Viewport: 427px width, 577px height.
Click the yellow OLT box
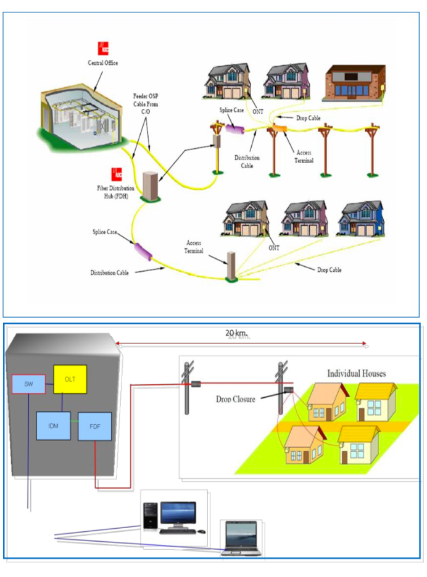pyautogui.click(x=70, y=379)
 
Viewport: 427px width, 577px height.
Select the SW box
pyautogui.click(x=28, y=384)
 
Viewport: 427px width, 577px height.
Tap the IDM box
pyautogui.click(x=53, y=426)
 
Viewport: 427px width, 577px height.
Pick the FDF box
pyautogui.click(x=94, y=426)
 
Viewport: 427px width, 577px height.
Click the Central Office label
pyautogui.click(x=102, y=63)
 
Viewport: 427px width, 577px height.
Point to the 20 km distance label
pyautogui.click(x=237, y=334)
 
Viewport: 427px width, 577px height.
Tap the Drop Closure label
pyautogui.click(x=237, y=399)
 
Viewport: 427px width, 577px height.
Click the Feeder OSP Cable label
pyautogui.click(x=148, y=103)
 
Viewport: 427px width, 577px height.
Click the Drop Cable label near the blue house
pyautogui.click(x=329, y=270)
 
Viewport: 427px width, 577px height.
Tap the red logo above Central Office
pyautogui.click(x=102, y=48)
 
